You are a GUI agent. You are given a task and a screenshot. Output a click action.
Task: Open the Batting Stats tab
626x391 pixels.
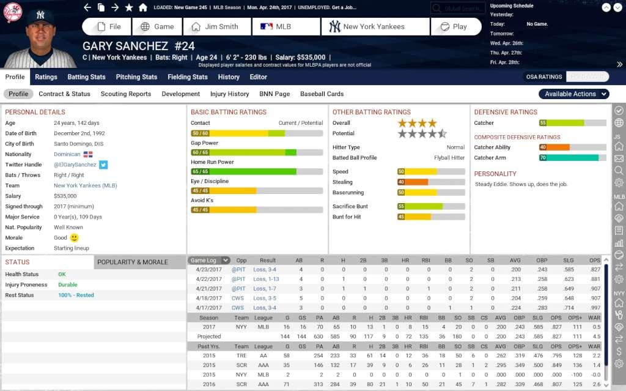coord(86,77)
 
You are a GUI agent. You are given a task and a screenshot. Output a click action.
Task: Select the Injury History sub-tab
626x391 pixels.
coord(229,94)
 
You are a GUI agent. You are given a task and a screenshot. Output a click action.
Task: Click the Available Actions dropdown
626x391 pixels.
coord(573,94)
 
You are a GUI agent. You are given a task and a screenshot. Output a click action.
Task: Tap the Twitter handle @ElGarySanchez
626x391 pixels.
coord(75,165)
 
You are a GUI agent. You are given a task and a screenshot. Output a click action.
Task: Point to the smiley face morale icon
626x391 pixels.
coord(75,238)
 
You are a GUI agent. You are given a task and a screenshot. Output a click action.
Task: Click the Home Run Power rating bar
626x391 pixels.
coord(256,172)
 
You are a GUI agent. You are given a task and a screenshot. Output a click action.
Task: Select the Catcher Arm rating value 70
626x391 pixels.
coord(543,158)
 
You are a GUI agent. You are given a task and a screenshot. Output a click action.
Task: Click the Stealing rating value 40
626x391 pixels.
coord(401,182)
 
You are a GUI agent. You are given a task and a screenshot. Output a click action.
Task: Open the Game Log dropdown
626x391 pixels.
coord(209,261)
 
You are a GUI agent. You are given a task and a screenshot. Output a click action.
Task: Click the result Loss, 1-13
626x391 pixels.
coord(266,279)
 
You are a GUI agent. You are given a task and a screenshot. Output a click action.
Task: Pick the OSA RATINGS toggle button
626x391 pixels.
coord(543,77)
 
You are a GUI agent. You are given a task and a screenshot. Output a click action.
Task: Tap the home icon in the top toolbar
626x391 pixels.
coord(142,8)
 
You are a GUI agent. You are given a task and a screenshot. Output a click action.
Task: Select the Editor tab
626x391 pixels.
coord(258,77)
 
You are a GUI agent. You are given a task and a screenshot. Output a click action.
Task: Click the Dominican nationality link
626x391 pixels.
coord(67,154)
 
